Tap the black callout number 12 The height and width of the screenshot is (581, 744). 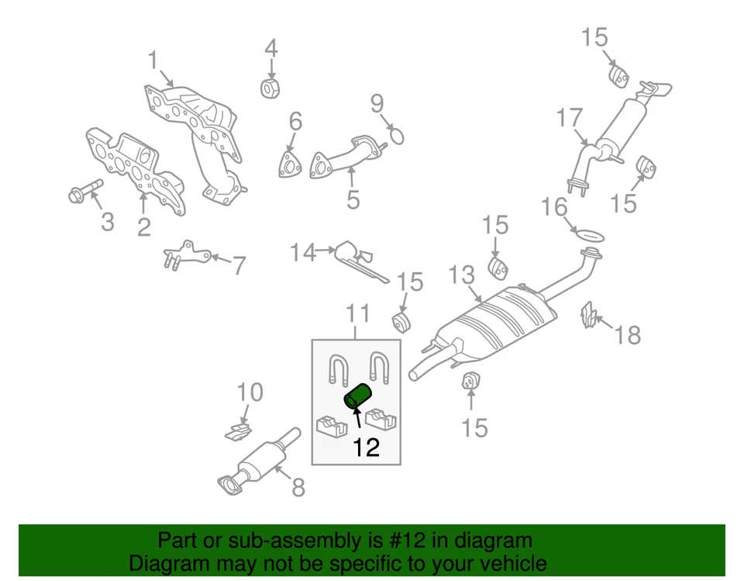(x=366, y=448)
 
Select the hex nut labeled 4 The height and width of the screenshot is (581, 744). (x=270, y=88)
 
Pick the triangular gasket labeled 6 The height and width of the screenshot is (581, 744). (x=290, y=167)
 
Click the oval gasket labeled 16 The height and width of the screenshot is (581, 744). (x=589, y=233)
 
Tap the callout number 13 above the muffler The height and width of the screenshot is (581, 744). (x=462, y=275)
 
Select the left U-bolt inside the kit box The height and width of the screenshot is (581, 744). (x=338, y=368)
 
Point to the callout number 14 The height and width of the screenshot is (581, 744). (x=304, y=252)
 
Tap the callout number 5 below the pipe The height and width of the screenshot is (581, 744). (x=353, y=200)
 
